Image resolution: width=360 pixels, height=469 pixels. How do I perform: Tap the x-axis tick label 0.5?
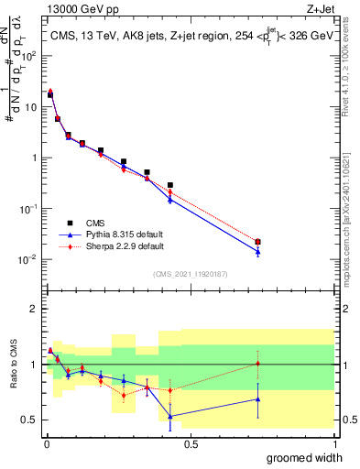point(190,442)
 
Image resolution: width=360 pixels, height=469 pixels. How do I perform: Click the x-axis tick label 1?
point(334,442)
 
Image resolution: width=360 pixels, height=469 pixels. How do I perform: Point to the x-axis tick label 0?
point(46,442)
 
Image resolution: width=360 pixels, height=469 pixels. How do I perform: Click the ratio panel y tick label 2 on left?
point(33,309)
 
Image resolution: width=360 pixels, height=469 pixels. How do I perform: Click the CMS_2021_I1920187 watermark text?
point(190,274)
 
